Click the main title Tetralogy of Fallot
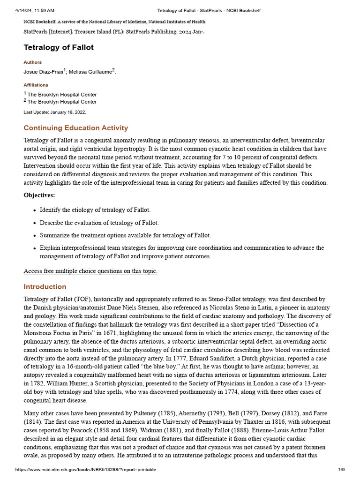pyautogui.click(x=59, y=47)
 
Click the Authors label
pyautogui.click(x=32, y=62)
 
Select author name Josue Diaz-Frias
pyautogui.click(x=43, y=72)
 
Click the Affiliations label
pyautogui.click(x=36, y=85)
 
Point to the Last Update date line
pyautogui.click(x=55, y=112)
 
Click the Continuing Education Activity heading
pyautogui.click(x=75, y=128)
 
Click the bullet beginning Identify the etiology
pyautogui.click(x=95, y=210)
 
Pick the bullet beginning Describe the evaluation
pyautogui.click(x=99, y=223)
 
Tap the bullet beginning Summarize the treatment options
pyautogui.click(x=125, y=235)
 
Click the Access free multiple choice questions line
pyautogui.click(x=90, y=271)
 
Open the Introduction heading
pyautogui.click(x=45, y=287)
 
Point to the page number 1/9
pyautogui.click(x=341, y=470)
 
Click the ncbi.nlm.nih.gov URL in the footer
pyautogui.click(x=86, y=470)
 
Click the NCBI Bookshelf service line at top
pyautogui.click(x=115, y=22)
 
